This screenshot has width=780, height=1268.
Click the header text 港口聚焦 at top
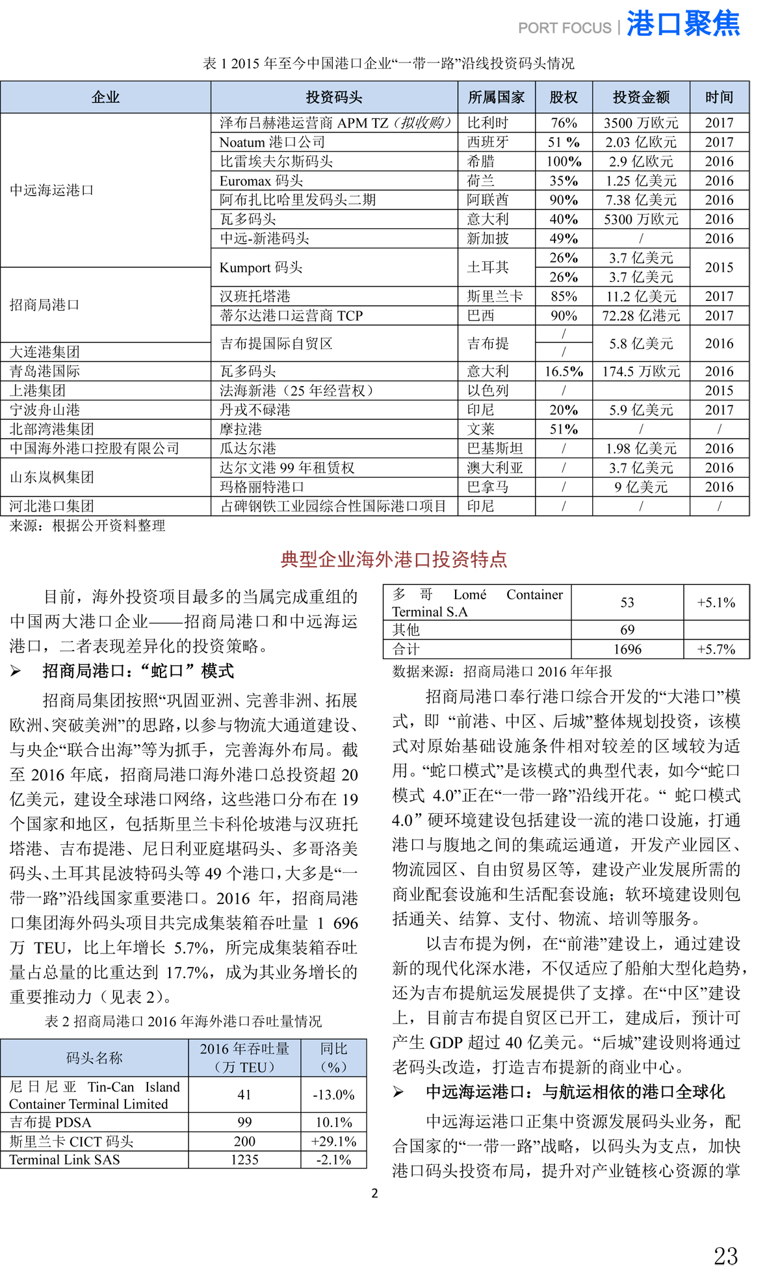682,24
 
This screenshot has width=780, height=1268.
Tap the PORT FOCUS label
564,28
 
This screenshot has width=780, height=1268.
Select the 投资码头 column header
334,97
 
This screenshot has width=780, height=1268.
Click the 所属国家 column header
496,97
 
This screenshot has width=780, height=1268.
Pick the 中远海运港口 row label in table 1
52,190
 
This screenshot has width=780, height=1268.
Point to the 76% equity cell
564,123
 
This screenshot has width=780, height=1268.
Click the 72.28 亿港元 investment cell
641,316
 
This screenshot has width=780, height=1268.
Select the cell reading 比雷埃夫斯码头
276,161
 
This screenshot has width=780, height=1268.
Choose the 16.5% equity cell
564,372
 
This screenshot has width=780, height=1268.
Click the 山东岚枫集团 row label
52,477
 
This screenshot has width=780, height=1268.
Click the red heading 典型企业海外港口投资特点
393,560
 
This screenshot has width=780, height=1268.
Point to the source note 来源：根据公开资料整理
87,526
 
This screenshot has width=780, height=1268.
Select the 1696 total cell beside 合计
627,649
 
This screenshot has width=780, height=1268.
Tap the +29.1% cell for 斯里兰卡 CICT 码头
333,1141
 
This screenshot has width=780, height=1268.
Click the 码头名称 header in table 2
94,1057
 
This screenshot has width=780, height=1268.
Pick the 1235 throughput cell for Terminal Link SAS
244,1159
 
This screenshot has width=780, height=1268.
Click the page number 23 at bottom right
725,1254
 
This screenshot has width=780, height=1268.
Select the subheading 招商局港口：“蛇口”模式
138,671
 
